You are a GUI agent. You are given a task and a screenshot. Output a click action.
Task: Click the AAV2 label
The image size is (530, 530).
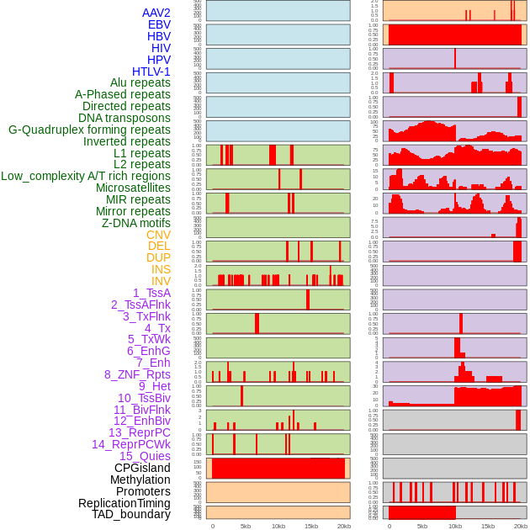point(156,13)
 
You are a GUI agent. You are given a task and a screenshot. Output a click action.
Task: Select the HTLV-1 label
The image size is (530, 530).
point(151,72)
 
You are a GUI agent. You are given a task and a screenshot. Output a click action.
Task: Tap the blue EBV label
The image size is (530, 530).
point(159,24)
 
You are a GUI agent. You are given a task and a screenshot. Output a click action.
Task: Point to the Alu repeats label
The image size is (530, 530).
point(140,83)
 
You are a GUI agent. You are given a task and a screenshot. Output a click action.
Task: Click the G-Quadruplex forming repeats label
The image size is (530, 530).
point(89,130)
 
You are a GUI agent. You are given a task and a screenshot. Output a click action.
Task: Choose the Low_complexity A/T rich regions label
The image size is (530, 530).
point(86,176)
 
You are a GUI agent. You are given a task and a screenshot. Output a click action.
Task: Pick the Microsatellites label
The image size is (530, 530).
point(133,188)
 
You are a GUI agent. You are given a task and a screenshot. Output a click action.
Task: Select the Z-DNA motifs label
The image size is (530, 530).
point(135,223)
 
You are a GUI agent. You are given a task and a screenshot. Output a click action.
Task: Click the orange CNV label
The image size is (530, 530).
point(158,235)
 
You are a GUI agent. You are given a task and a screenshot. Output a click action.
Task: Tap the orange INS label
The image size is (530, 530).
point(160,269)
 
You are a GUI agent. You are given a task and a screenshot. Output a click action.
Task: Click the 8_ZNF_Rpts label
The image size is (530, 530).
point(137,374)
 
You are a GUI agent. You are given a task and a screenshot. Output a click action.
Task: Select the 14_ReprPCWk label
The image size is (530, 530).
point(130,444)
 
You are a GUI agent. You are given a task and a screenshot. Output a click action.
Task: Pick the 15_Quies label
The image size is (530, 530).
point(145,456)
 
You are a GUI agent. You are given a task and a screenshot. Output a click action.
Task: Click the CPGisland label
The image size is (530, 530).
point(142,468)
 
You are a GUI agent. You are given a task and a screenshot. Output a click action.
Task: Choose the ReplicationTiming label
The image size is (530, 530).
point(125,503)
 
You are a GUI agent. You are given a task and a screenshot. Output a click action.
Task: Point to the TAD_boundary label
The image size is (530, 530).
point(130,514)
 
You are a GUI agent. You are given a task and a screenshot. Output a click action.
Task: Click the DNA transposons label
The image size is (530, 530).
point(125,118)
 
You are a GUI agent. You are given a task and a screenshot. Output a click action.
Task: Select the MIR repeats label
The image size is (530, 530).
point(138,199)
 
